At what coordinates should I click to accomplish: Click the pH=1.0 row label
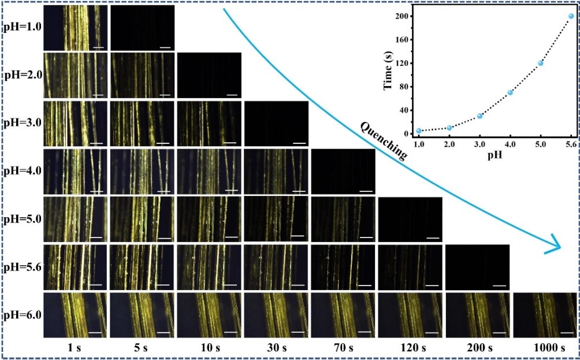(x=22, y=27)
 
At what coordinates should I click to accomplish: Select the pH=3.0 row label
(x=22, y=124)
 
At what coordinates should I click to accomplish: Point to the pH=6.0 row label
(x=22, y=316)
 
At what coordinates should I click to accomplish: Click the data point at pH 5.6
(x=571, y=16)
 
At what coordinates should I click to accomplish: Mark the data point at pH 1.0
(x=419, y=131)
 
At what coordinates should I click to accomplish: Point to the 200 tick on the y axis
(x=403, y=16)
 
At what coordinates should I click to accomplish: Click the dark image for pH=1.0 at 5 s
(x=142, y=27)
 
